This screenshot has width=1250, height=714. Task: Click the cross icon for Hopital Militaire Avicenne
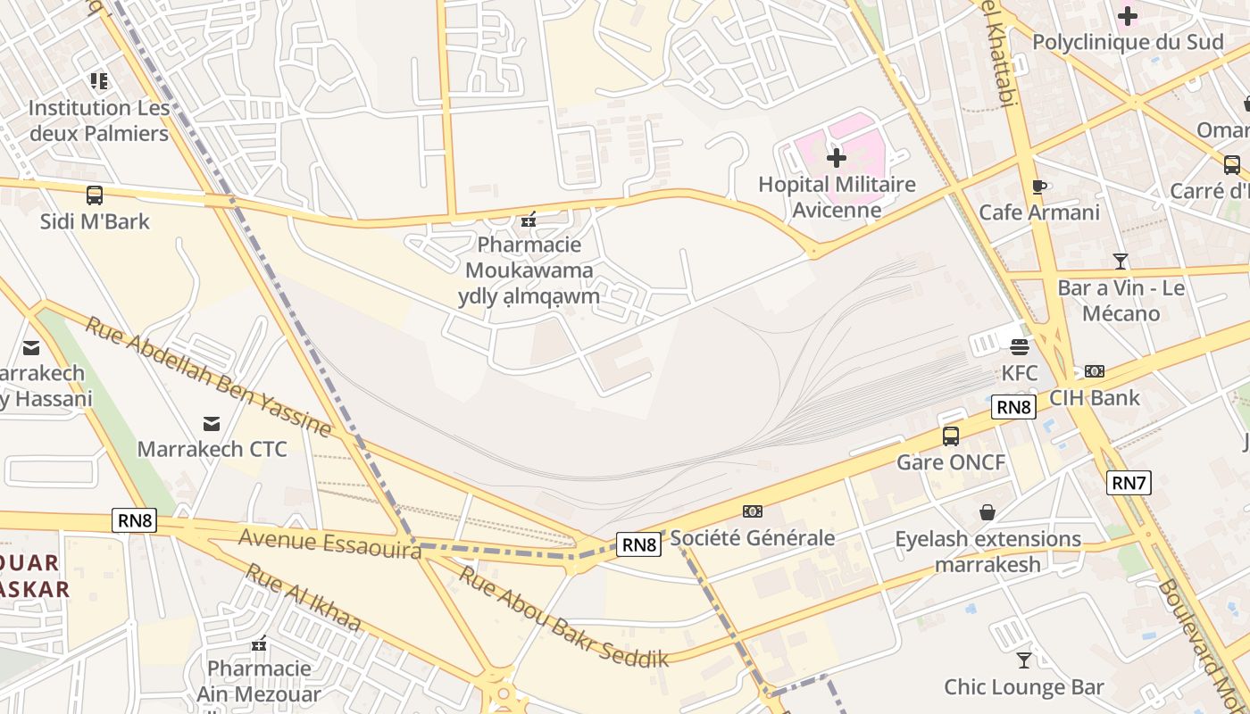pyautogui.click(x=837, y=158)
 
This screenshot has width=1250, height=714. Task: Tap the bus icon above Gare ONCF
pyautogui.click(x=951, y=436)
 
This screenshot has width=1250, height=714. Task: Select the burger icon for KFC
pyautogui.click(x=1020, y=346)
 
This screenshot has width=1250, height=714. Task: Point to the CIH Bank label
pyautogui.click(x=1095, y=397)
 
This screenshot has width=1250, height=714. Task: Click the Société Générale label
pyautogui.click(x=753, y=537)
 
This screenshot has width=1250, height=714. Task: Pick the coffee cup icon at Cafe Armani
pyautogui.click(x=1038, y=187)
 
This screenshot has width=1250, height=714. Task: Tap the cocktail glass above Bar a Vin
pyautogui.click(x=1121, y=262)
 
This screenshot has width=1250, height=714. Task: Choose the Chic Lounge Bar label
pyautogui.click(x=1024, y=687)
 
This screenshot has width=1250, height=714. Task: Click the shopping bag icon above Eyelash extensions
pyautogui.click(x=987, y=512)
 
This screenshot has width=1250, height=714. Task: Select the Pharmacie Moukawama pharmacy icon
pyautogui.click(x=529, y=219)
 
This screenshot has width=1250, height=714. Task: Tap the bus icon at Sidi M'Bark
pyautogui.click(x=94, y=195)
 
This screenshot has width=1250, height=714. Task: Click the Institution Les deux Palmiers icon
pyautogui.click(x=99, y=81)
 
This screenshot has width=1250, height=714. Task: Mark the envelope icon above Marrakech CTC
pyautogui.click(x=212, y=423)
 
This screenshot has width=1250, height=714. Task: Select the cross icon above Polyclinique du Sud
pyautogui.click(x=1128, y=16)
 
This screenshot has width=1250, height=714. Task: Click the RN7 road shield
pyautogui.click(x=1129, y=483)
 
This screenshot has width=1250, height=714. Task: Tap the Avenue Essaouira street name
pyautogui.click(x=329, y=544)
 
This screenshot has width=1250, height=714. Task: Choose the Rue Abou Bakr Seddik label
pyautogui.click(x=563, y=617)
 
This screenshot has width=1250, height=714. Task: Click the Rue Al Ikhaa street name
pyautogui.click(x=304, y=598)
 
